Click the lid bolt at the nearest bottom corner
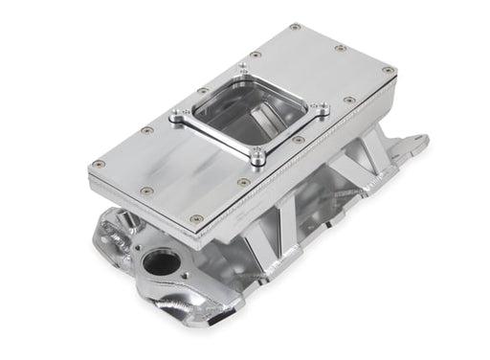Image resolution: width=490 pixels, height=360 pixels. [x=195, y=219]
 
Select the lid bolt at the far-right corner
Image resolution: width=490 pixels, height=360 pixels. [x=388, y=70]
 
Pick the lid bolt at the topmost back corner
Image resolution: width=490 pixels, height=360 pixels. [x=295, y=27]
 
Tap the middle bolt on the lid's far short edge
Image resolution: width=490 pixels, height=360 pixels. [x=341, y=47]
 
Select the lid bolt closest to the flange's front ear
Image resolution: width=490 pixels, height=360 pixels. [x=243, y=182]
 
